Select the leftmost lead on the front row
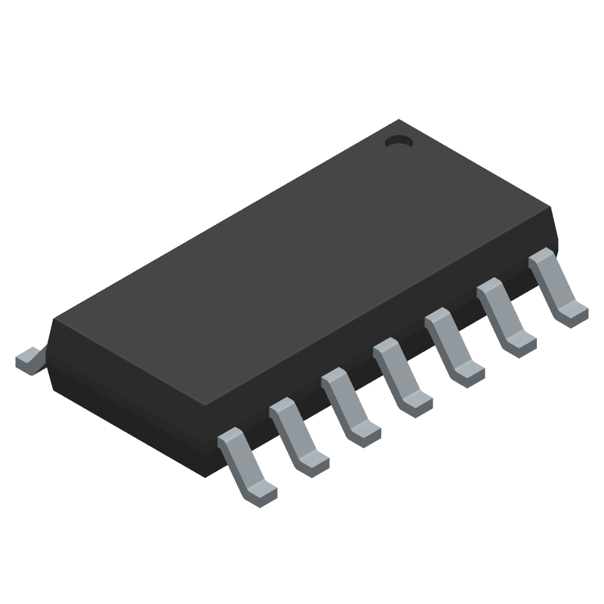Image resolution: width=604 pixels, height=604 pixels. [x=245, y=464]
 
